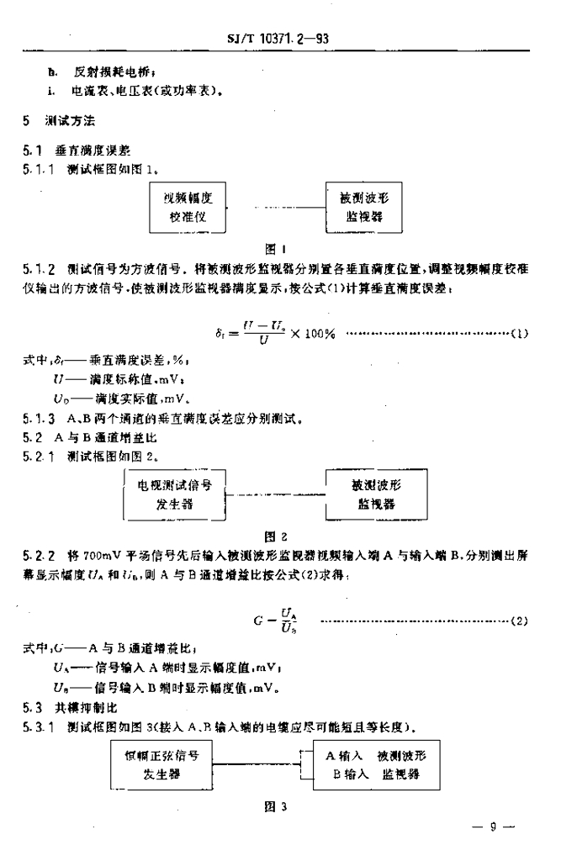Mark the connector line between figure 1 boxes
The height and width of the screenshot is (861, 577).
277,208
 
